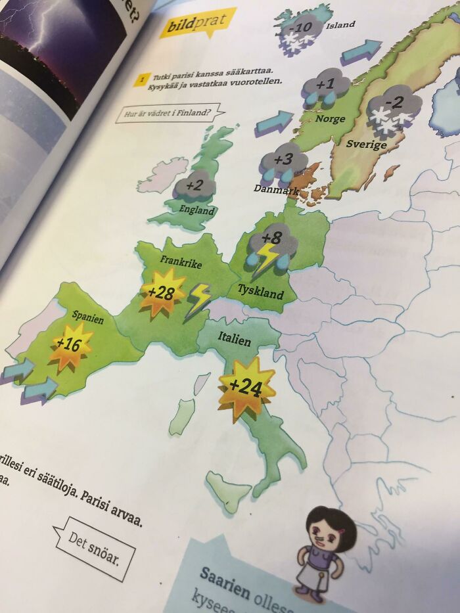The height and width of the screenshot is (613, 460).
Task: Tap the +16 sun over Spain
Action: (x=70, y=344)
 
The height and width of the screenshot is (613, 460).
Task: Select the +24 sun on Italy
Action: (x=246, y=388)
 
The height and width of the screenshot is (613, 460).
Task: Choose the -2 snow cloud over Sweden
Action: (x=394, y=106)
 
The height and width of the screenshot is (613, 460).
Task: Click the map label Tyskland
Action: (x=260, y=290)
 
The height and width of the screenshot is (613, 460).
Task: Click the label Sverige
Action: (x=366, y=144)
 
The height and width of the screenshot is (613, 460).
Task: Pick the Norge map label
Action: (x=330, y=119)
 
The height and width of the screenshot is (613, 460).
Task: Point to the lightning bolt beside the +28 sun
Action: (x=198, y=300)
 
